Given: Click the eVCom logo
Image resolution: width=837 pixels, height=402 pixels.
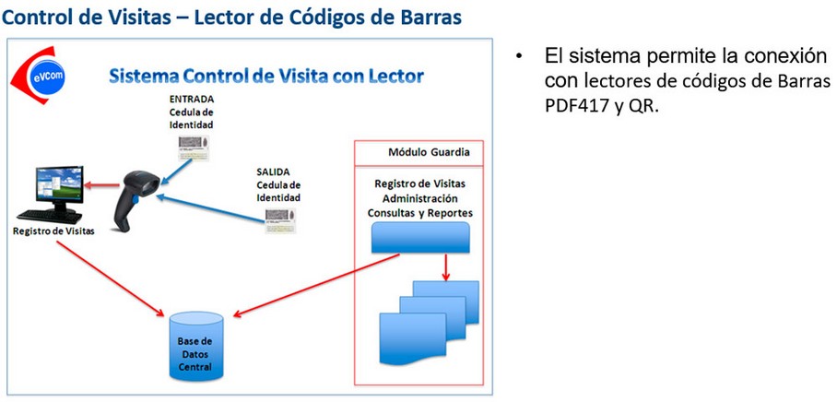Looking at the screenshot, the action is [33, 76].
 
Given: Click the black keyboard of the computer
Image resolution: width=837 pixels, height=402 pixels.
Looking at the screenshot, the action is [50, 216].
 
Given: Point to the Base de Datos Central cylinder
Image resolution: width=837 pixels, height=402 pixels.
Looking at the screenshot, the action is [196, 347].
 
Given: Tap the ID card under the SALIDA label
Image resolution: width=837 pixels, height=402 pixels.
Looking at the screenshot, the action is [281, 220].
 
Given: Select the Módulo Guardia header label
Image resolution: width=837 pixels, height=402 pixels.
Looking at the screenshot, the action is [429, 152].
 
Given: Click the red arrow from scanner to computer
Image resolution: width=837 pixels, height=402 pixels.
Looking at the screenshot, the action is [102, 185].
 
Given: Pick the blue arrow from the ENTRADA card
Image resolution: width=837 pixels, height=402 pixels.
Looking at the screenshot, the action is [176, 171].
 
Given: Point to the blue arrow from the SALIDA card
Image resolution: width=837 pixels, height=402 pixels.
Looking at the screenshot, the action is [211, 208].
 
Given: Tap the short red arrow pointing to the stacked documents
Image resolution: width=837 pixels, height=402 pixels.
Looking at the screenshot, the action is [446, 267].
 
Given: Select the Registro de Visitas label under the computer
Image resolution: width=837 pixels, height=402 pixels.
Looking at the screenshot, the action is [53, 231].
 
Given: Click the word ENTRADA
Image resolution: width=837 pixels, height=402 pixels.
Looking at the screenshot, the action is [191, 99].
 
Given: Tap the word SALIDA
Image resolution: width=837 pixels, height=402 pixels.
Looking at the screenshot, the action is [273, 171].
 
